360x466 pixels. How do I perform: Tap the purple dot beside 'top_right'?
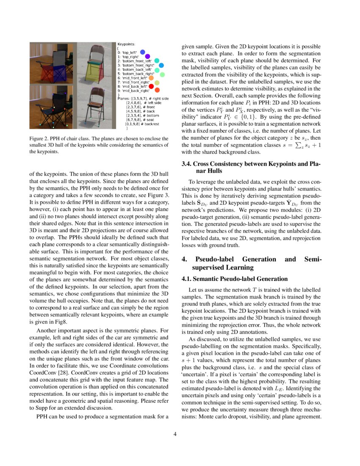coord(147,56)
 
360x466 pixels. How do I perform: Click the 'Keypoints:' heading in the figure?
coord(126,44)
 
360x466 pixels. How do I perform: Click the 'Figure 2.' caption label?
coord(39,139)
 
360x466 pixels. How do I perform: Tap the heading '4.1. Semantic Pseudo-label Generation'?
coord(235,279)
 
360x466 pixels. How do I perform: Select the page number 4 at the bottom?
coord(175,434)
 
